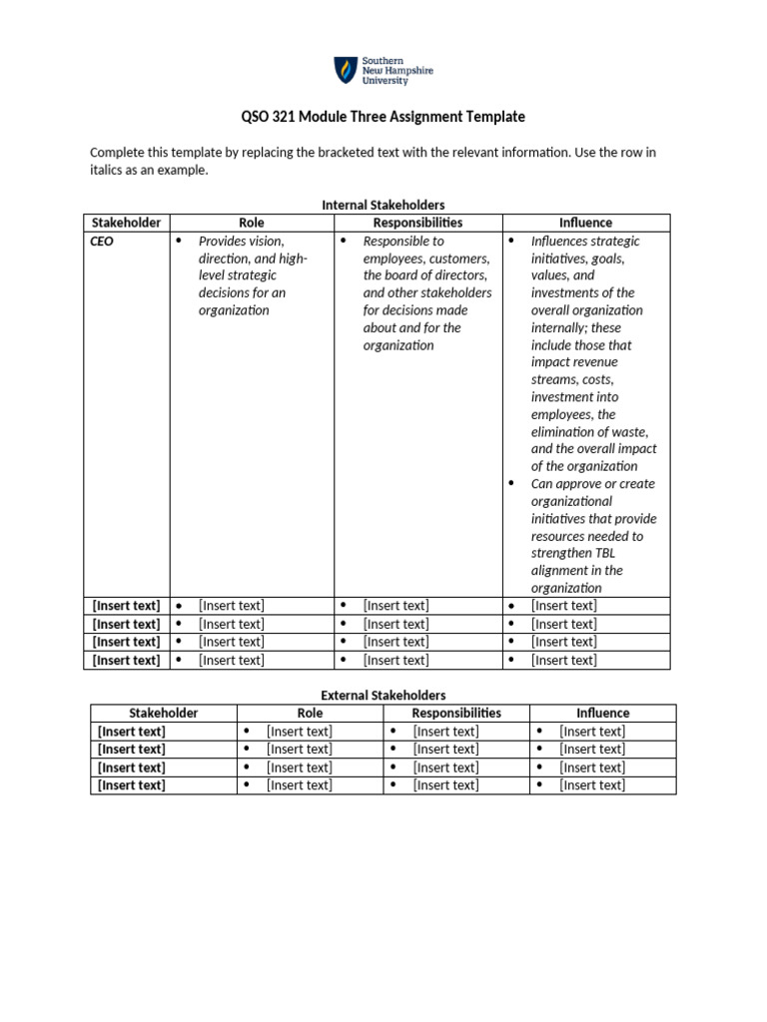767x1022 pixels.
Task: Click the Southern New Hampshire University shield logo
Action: (344, 70)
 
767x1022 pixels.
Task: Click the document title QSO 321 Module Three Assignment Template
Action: (383, 117)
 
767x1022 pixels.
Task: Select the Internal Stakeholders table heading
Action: (383, 205)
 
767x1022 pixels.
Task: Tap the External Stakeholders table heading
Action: (383, 695)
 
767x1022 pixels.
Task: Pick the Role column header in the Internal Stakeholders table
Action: (252, 223)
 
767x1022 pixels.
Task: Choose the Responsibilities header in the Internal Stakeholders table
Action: (417, 223)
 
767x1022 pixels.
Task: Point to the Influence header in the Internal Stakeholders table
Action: (586, 223)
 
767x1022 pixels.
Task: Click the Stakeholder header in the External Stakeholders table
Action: (163, 713)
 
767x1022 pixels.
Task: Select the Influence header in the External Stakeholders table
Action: (602, 713)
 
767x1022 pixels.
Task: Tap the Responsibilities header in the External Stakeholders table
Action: (456, 713)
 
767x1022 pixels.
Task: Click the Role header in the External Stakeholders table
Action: (310, 713)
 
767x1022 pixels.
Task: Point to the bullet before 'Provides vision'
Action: (180, 242)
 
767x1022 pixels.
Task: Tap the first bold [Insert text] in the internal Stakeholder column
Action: (126, 606)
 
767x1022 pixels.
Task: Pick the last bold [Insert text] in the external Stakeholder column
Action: (131, 785)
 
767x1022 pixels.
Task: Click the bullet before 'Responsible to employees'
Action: (344, 242)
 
